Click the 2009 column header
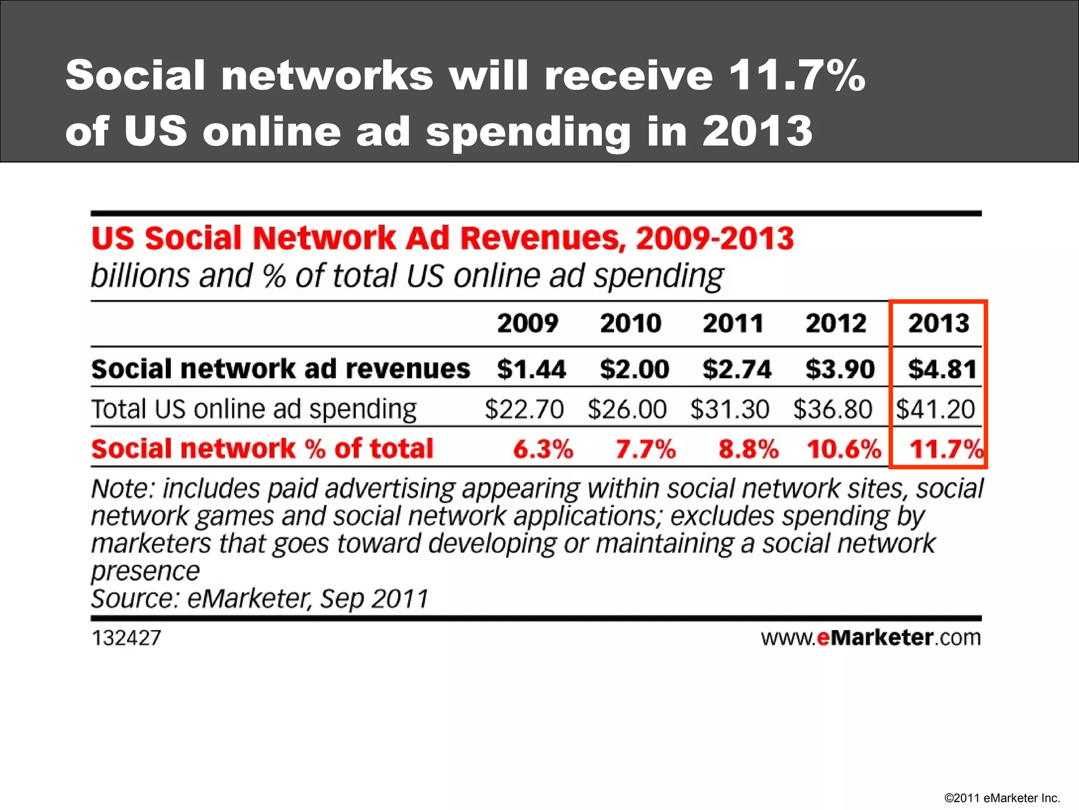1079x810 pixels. tap(527, 323)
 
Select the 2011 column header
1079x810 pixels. tap(733, 323)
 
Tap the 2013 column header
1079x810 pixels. tap(938, 323)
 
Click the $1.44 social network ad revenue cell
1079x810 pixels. tap(531, 369)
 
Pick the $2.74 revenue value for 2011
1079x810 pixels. tap(737, 369)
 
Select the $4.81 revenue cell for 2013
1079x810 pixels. tap(942, 369)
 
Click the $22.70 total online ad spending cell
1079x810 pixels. tap(524, 409)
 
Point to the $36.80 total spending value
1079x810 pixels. tap(832, 409)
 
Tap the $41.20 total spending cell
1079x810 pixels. tap(936, 409)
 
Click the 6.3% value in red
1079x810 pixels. tap(543, 449)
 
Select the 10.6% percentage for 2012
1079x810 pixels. tap(843, 449)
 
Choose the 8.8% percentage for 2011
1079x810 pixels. tap(748, 449)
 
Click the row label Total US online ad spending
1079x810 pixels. tap(254, 409)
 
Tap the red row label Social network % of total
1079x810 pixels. tap(262, 449)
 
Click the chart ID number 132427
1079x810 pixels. tap(126, 638)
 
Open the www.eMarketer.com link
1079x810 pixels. tap(870, 638)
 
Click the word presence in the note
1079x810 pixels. tap(145, 571)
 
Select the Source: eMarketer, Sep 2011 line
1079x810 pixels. tap(260, 599)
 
